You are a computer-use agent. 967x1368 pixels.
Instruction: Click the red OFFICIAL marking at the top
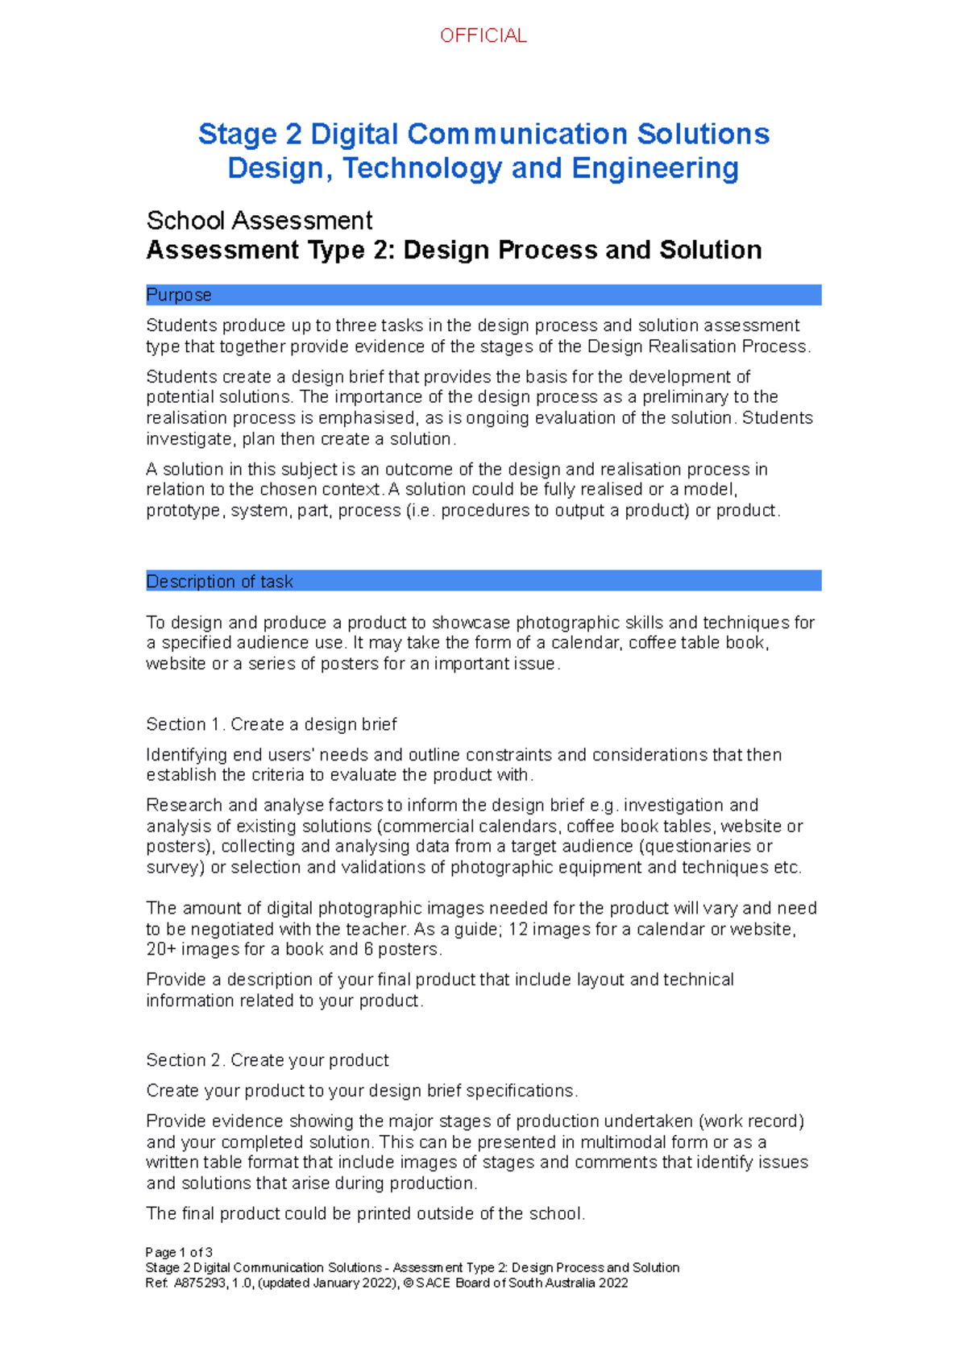pos(483,35)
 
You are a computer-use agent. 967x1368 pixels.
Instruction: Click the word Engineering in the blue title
pos(655,168)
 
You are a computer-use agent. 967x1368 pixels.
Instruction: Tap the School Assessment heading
pos(259,220)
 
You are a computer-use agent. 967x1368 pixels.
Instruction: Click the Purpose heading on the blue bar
pos(178,295)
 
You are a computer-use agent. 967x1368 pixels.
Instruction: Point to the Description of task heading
pos(219,582)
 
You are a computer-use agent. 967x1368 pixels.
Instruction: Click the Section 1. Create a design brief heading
pos(271,724)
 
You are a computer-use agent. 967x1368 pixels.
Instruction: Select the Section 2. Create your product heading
pos(267,1060)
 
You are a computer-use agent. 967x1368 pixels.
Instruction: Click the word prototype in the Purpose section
pos(183,511)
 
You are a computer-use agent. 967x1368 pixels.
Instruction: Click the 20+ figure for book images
pos(161,950)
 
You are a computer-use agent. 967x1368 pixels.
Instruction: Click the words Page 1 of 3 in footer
pos(178,1253)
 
